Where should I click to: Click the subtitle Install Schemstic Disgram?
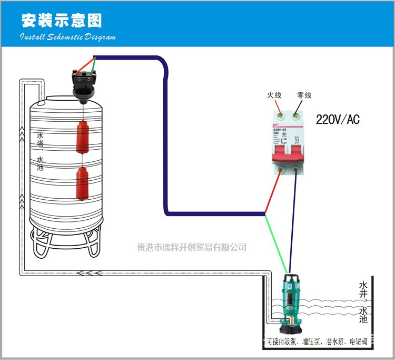point(67,37)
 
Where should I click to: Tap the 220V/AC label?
point(337,120)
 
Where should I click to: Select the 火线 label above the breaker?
point(274,95)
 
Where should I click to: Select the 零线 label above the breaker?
point(304,95)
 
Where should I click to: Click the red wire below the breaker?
point(273,193)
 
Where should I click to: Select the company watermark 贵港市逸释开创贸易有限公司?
point(192,247)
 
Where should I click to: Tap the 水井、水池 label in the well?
point(363,302)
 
